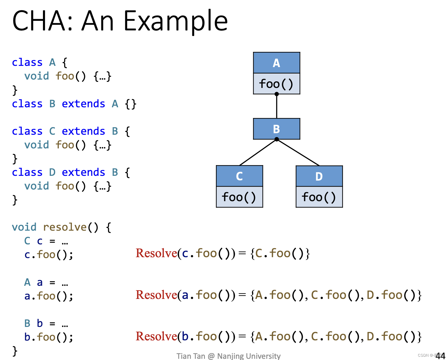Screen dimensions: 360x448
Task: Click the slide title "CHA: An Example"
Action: (120, 21)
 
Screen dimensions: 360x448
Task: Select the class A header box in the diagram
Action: (276, 63)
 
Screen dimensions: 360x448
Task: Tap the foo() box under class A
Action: (276, 84)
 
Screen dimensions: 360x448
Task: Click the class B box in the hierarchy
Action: (276, 129)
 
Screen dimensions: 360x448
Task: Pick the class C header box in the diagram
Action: (239, 176)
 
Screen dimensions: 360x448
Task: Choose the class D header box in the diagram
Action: (319, 176)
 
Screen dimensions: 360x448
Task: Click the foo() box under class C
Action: (239, 197)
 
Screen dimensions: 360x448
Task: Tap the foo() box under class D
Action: (319, 197)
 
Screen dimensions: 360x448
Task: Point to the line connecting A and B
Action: (276, 106)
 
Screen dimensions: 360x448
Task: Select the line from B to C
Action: (258, 152)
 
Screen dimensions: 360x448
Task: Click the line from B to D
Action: (298, 152)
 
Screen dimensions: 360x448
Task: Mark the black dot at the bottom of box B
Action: (277, 139)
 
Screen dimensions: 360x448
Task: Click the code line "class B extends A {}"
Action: (74, 104)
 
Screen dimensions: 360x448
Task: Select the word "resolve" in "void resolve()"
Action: (65, 227)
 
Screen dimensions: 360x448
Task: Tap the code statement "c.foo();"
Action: (49, 255)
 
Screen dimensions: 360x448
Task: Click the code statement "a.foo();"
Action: (49, 296)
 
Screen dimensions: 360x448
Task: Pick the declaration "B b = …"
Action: (46, 323)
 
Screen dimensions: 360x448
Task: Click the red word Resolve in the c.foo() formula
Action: (156, 253)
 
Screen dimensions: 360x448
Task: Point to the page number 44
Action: (440, 356)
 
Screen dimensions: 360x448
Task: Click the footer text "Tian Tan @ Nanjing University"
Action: (228, 356)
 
